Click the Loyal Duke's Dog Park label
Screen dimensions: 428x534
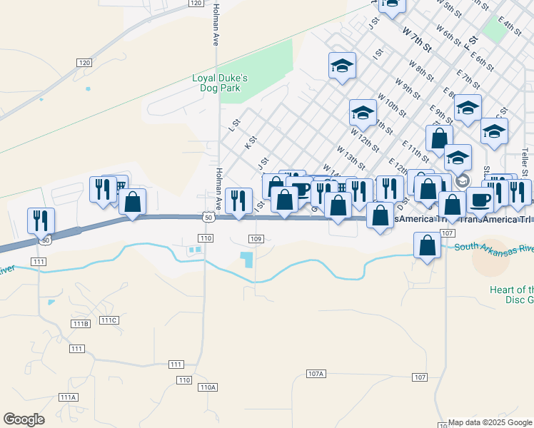tap(221, 83)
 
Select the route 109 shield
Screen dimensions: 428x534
tap(257, 238)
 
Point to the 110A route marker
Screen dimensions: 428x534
tap(208, 387)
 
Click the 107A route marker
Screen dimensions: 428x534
tap(316, 373)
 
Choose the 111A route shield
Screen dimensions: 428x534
tap(68, 397)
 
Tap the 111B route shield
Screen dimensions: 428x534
tap(81, 324)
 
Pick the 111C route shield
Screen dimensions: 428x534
tap(109, 320)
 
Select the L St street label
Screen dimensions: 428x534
tap(232, 126)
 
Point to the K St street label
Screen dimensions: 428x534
tap(249, 143)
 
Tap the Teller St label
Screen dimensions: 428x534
tap(525, 163)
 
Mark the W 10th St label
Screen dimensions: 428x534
tap(391, 104)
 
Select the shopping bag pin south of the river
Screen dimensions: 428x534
tap(427, 246)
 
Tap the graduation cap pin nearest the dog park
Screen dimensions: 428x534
tap(342, 67)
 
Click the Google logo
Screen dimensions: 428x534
tap(24, 419)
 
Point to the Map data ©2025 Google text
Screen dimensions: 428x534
tap(490, 422)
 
